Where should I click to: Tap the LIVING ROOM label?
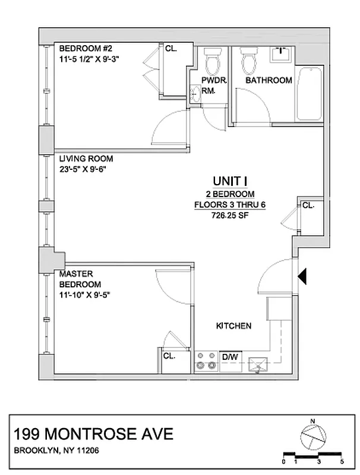click(x=86, y=159)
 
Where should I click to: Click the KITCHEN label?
click(x=233, y=326)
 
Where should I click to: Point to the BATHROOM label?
click(x=269, y=80)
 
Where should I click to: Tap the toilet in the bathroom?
click(x=248, y=59)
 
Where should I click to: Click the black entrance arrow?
click(x=302, y=275)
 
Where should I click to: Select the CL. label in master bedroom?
click(x=169, y=356)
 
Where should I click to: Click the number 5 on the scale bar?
click(x=342, y=461)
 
